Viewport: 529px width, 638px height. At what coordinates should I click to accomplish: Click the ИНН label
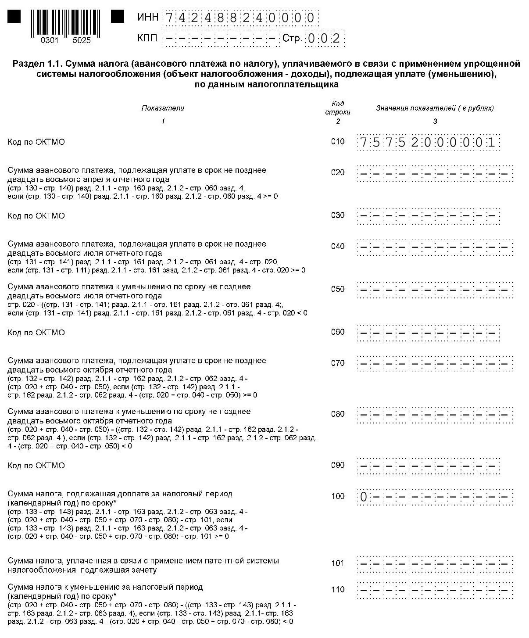coord(147,18)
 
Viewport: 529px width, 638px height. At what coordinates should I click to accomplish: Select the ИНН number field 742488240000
coord(240,18)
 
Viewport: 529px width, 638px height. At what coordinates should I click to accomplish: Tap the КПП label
coord(147,39)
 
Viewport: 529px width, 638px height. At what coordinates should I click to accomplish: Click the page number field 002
coord(325,39)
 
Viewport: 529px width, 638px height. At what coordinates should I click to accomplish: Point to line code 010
coord(338,142)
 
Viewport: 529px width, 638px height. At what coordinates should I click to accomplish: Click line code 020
coord(338,172)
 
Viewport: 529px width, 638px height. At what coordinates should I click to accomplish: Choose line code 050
coord(338,289)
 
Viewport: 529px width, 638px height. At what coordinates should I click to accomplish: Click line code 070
coord(338,363)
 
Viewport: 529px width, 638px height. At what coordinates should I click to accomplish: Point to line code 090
coord(338,465)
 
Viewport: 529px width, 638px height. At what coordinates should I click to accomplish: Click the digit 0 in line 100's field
coord(364,497)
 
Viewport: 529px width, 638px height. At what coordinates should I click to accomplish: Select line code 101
coord(338,563)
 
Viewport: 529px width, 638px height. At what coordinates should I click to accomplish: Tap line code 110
coord(338,589)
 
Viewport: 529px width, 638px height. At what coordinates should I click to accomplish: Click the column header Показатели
coord(163,108)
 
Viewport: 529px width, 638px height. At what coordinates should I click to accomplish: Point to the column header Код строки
coord(338,108)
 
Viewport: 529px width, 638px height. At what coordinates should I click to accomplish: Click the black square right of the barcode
coord(118,17)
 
